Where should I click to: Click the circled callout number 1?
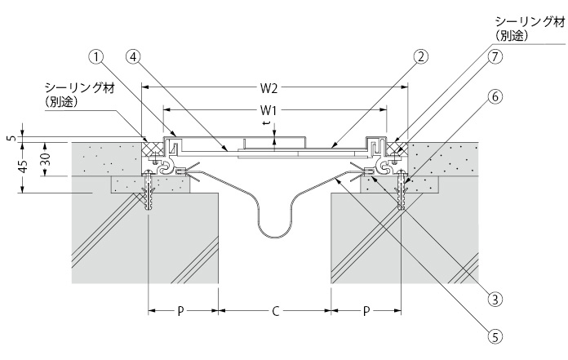point(98,57)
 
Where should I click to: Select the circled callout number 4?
point(134,57)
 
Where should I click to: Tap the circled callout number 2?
point(421,57)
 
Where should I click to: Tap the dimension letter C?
point(275,311)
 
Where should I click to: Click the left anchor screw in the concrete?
point(149,196)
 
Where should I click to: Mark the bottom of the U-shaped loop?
point(275,238)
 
